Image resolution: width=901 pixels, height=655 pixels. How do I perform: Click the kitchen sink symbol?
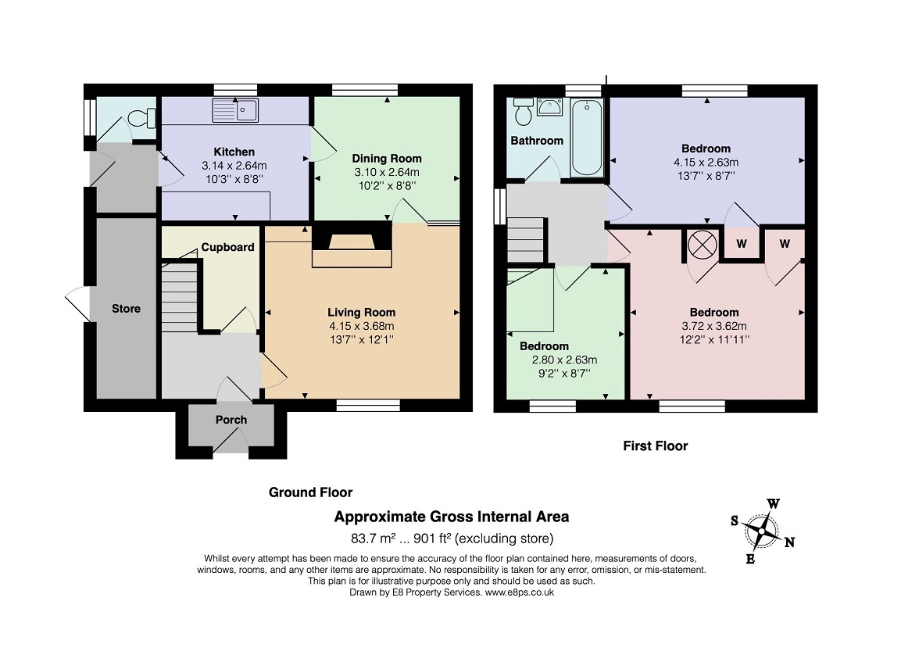click(x=235, y=110)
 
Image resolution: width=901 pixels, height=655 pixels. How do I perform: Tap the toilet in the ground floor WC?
click(x=138, y=118)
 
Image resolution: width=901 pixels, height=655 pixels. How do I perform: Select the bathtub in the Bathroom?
click(x=586, y=138)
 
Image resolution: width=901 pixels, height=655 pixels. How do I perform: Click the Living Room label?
click(x=361, y=312)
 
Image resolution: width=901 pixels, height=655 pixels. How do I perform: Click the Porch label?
click(x=231, y=420)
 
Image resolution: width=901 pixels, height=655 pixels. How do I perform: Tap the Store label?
click(x=126, y=308)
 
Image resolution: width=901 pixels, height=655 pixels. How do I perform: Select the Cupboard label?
click(x=227, y=247)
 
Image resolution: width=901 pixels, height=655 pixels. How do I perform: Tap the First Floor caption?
click(x=655, y=446)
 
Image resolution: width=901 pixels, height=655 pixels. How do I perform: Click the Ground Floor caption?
click(x=310, y=492)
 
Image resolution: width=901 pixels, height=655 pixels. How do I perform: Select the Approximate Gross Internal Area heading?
click(x=452, y=517)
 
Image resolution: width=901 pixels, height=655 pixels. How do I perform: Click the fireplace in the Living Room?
click(x=351, y=245)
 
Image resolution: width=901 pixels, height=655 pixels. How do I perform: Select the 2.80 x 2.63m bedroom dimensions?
click(x=564, y=360)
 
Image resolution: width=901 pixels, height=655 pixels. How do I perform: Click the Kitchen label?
click(x=234, y=152)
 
